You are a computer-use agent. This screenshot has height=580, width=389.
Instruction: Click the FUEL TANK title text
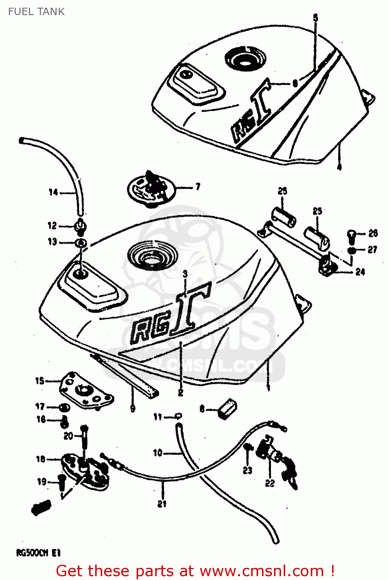(x=36, y=12)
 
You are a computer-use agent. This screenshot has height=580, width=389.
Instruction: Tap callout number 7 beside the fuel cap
(x=198, y=187)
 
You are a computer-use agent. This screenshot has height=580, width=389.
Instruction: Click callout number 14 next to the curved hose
(x=53, y=192)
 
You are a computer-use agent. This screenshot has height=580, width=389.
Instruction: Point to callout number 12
(x=52, y=225)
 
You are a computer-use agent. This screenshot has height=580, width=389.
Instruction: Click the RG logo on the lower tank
(x=170, y=317)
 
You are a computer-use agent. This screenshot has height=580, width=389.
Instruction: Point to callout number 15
(x=39, y=381)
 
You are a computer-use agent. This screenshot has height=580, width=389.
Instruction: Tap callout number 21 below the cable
(x=162, y=503)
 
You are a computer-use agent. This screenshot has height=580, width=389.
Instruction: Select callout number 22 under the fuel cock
(x=270, y=483)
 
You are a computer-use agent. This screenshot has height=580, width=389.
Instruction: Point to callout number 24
(x=360, y=272)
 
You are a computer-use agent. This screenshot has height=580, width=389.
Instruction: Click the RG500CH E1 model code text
(x=38, y=553)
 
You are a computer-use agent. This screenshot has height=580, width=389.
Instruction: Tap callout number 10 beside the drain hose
(x=158, y=453)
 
